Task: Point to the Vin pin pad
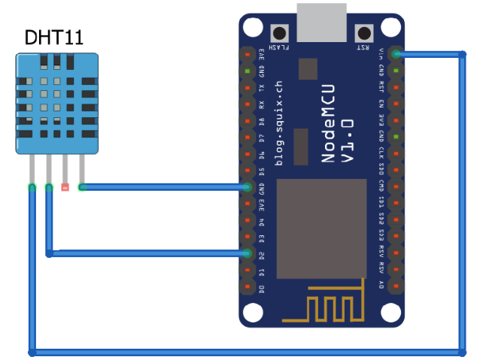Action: (x=396, y=54)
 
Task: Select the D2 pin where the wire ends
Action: (x=248, y=254)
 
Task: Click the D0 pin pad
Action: (x=248, y=287)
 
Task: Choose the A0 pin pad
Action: (x=396, y=287)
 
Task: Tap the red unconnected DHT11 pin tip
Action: (x=65, y=187)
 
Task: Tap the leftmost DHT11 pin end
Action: (x=32, y=187)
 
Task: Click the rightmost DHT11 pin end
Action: (x=82, y=187)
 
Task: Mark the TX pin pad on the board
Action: (x=248, y=88)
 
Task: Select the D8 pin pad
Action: (x=248, y=121)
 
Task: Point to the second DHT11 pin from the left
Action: (x=49, y=187)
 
